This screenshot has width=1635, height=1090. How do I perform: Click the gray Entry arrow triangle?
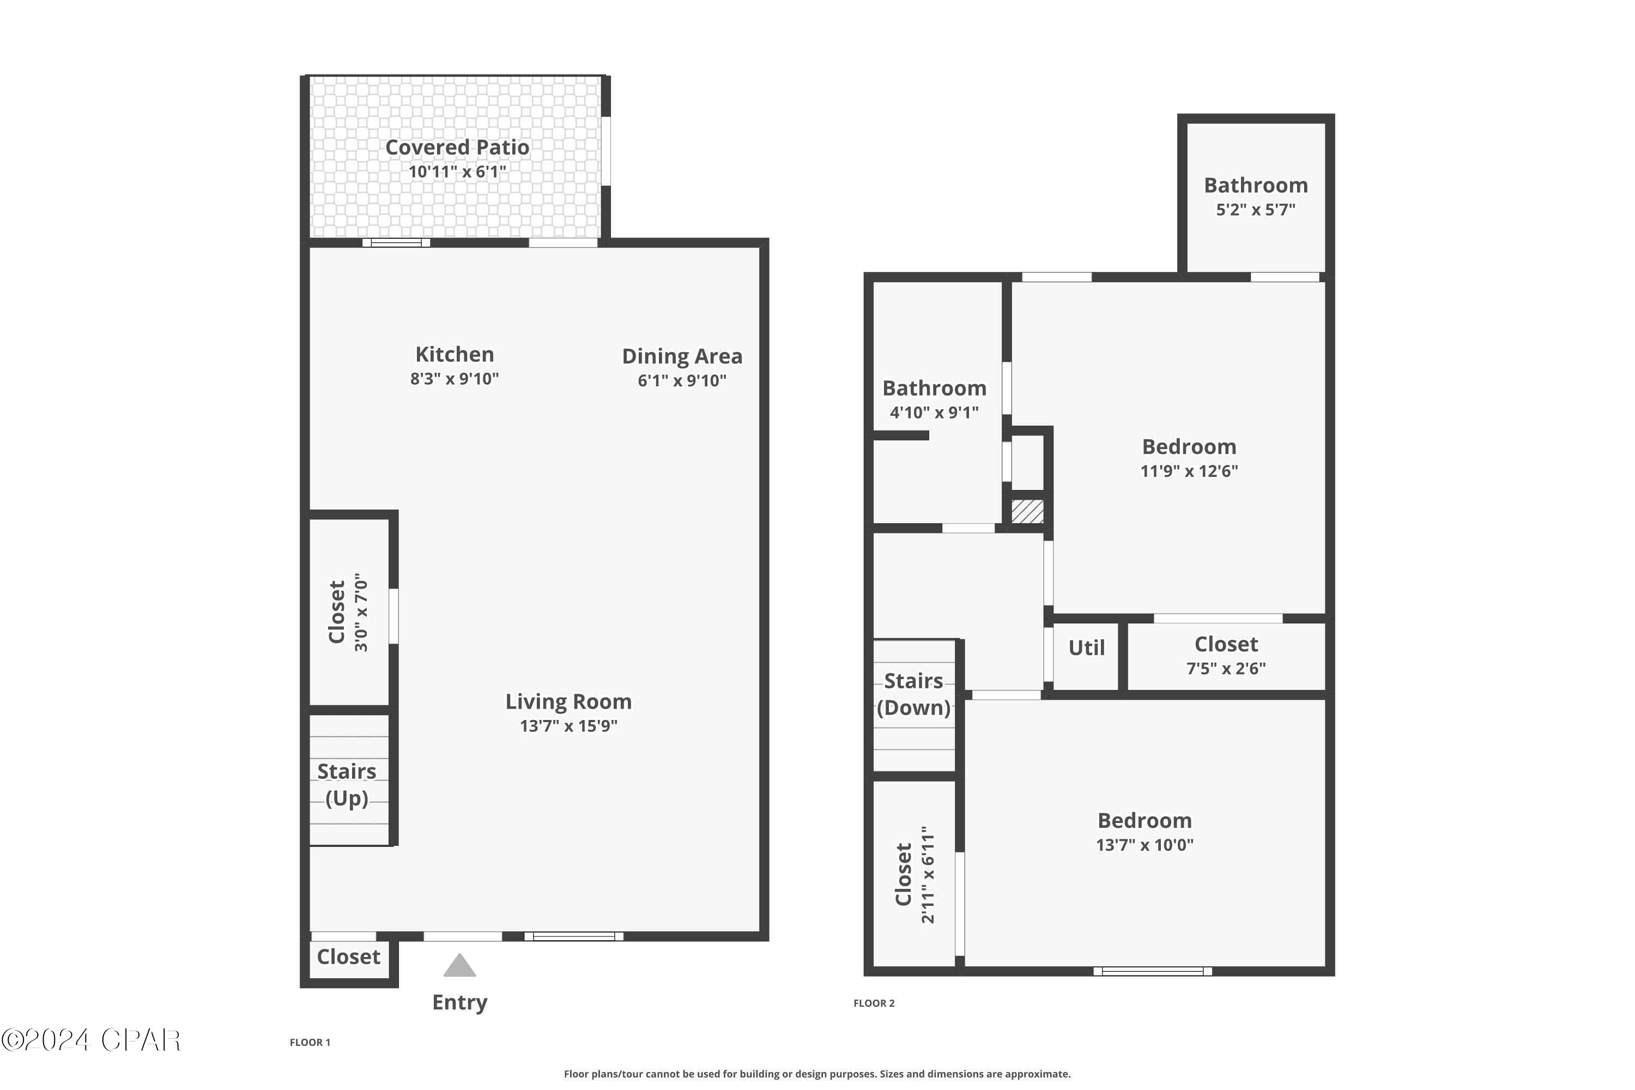(x=459, y=967)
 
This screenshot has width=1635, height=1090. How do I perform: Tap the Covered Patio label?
(x=457, y=147)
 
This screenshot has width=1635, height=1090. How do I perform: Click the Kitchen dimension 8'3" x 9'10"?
(x=454, y=379)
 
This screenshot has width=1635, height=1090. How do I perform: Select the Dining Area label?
(x=681, y=356)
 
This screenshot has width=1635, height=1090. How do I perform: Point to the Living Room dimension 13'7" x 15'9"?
(x=568, y=726)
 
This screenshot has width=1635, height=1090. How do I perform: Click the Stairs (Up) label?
(x=346, y=784)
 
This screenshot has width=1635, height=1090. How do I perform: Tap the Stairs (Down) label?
(x=913, y=694)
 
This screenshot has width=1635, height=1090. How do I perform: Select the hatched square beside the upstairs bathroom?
(x=1027, y=512)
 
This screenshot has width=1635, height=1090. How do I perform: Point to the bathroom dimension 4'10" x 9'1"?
(x=934, y=412)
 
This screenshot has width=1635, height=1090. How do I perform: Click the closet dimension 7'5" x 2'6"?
(x=1226, y=668)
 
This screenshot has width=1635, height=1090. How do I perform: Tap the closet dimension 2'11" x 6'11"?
(x=928, y=875)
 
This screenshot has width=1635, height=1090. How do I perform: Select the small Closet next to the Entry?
(x=348, y=957)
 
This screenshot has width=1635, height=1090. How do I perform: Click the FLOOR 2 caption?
(x=873, y=1003)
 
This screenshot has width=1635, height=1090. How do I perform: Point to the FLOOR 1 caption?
(x=310, y=1042)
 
